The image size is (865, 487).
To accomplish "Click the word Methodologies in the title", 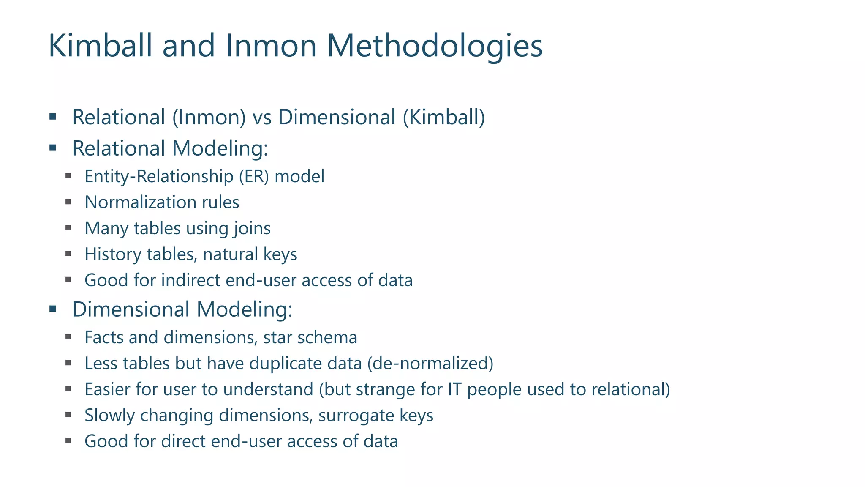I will pyautogui.click(x=435, y=46).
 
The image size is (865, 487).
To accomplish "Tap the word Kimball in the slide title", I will pyautogui.click(x=100, y=46).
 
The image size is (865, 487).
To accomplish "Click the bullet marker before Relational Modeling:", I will pyautogui.click(x=53, y=148).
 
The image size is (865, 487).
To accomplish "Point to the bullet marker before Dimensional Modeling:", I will pyautogui.click(x=53, y=309).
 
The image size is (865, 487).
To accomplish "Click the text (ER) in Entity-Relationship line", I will pyautogui.click(x=254, y=176).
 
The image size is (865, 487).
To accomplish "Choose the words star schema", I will pyautogui.click(x=310, y=337).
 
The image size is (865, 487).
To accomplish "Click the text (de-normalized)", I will pyautogui.click(x=430, y=363).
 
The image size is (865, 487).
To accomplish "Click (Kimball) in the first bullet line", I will pyautogui.click(x=444, y=117).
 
